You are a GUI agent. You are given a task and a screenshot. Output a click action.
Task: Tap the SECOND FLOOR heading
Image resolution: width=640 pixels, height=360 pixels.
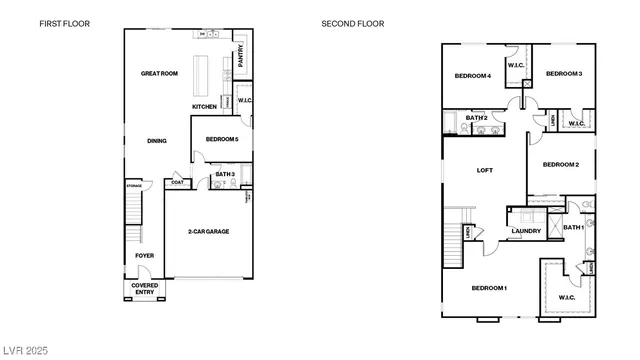[352, 23]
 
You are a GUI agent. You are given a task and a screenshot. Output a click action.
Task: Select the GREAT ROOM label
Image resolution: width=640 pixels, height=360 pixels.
[159, 73]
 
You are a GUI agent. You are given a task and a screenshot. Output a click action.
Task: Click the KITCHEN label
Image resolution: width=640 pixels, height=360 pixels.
[205, 107]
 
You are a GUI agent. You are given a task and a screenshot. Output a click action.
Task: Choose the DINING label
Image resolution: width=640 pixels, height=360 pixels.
[157, 141]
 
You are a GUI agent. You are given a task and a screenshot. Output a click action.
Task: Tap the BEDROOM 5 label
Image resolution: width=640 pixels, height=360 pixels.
[221, 139]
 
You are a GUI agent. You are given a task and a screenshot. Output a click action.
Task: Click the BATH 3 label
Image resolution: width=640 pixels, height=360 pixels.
[224, 175]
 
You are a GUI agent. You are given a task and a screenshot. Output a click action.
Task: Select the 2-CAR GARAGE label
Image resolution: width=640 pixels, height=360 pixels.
[208, 231]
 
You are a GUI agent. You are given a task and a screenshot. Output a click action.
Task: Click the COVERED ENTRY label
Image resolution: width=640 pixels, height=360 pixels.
[145, 289]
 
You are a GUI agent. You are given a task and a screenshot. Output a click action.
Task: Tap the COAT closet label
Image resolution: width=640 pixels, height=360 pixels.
[177, 182]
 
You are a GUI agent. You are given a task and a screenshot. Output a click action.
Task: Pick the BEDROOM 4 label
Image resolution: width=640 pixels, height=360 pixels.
[473, 75]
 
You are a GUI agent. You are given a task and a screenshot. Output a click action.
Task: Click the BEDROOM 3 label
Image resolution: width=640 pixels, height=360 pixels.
[564, 74]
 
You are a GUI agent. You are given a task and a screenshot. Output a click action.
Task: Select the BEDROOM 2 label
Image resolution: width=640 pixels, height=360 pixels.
[561, 164]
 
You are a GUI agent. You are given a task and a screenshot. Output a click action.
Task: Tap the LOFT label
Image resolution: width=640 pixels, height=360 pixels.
[485, 170]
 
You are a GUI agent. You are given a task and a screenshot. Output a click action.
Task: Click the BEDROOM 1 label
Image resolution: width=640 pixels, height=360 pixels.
[490, 288]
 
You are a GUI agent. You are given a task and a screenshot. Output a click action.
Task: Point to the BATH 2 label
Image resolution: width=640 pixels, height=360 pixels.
[477, 117]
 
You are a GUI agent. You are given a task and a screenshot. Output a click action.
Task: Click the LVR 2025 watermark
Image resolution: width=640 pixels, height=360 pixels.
[27, 351]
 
